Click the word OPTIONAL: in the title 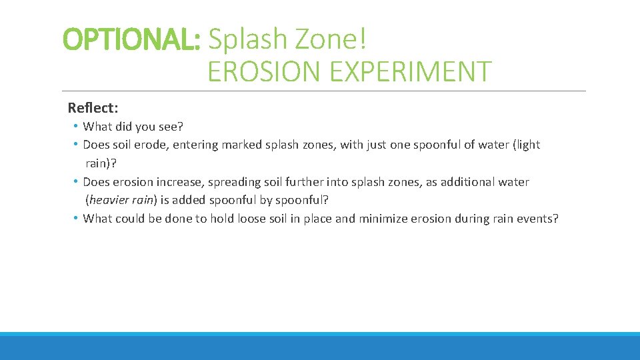pyautogui.click(x=131, y=40)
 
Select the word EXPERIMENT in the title pyautogui.click(x=406, y=71)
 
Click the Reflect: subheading pyautogui.click(x=93, y=108)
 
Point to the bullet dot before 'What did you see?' pyautogui.click(x=76, y=126)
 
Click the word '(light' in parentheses pyautogui.click(x=527, y=145)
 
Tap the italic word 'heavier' pyautogui.click(x=109, y=200)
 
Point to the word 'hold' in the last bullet pyautogui.click(x=221, y=219)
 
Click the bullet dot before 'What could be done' pyautogui.click(x=76, y=218)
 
